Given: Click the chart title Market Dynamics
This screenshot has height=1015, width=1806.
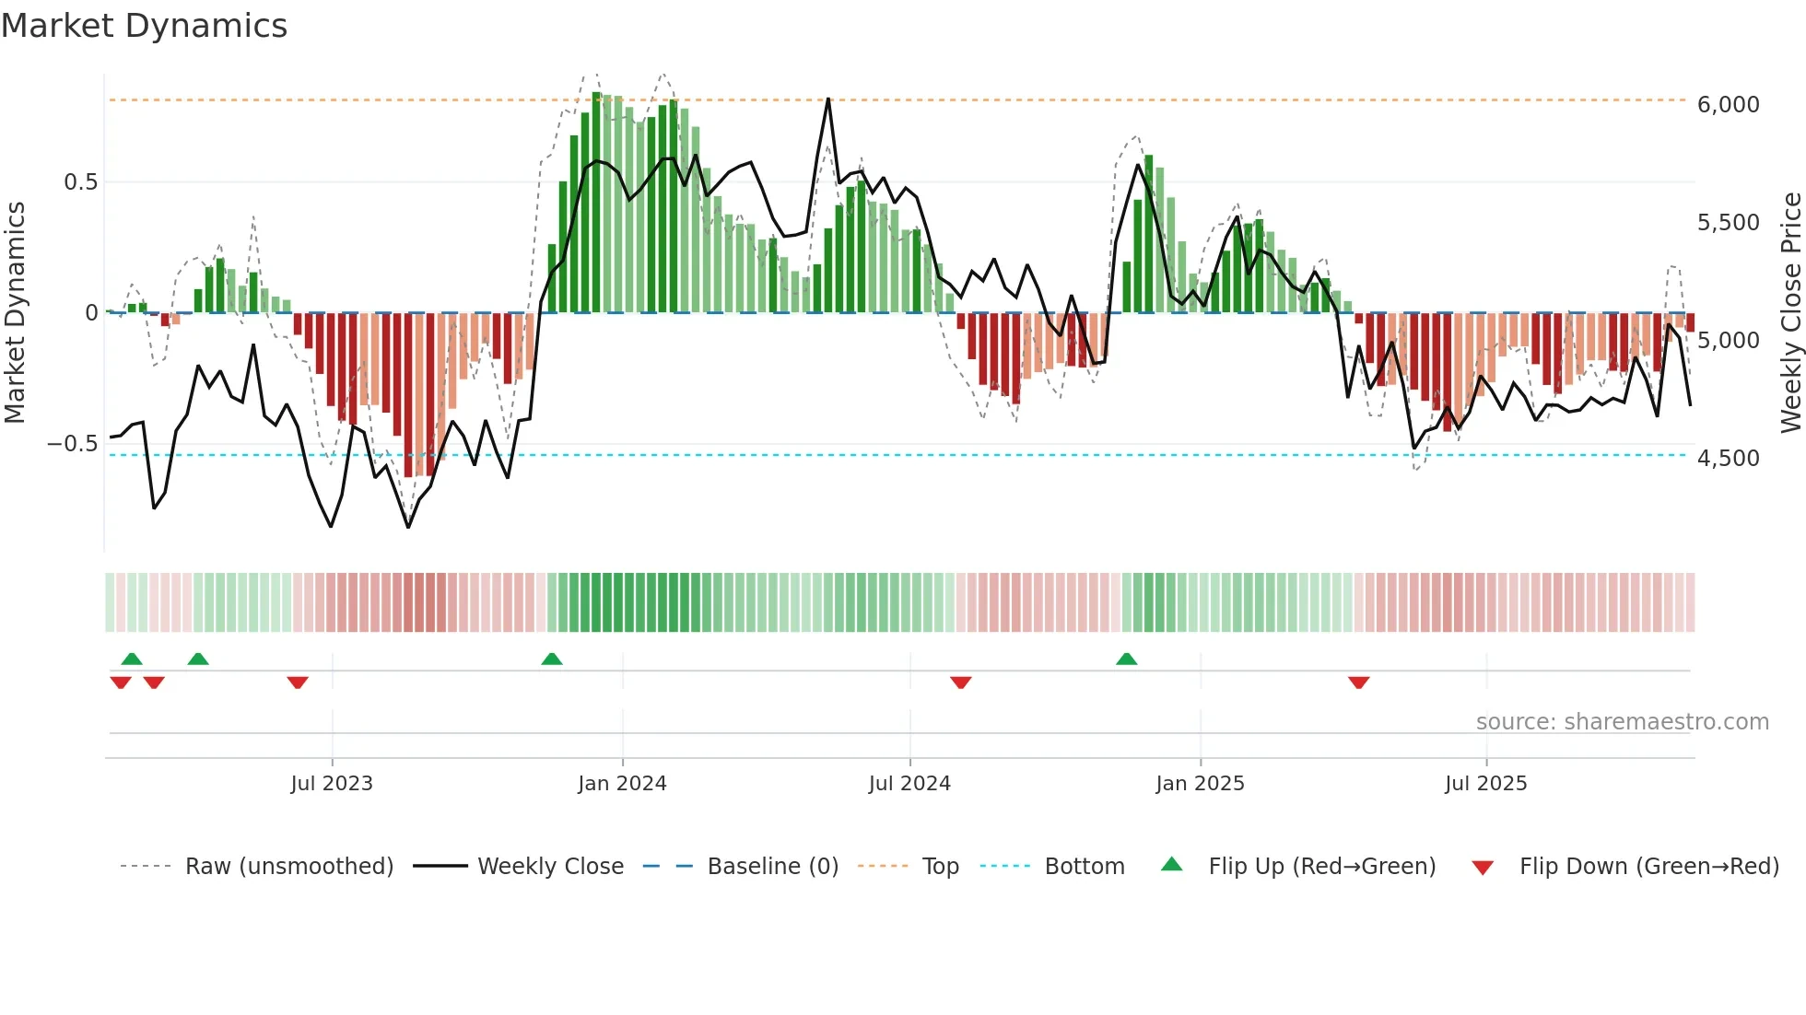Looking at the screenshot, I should tap(144, 26).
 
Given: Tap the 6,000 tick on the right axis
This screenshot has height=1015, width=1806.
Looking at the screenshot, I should tap(1728, 105).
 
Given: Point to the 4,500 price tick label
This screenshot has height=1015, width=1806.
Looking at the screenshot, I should tap(1728, 459).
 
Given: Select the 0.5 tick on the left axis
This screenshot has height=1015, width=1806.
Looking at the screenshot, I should tap(80, 182).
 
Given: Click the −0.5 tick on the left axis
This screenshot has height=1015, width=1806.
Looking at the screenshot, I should tap(73, 444).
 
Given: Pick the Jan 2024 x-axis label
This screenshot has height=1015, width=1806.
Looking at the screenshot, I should tap(622, 784).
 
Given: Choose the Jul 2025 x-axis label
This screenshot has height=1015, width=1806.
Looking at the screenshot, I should tap(1485, 784).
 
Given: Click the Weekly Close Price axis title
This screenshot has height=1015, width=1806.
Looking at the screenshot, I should tap(1790, 313).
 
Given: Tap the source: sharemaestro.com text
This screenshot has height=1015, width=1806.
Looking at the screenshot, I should tap(1622, 722).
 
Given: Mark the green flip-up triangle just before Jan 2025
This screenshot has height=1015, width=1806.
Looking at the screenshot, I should tap(1126, 659).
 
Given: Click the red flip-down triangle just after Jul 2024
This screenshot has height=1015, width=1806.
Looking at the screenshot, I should tap(960, 682).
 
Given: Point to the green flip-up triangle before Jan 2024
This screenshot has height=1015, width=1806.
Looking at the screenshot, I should tap(551, 659).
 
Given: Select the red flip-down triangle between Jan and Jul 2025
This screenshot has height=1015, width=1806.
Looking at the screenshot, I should tap(1358, 682).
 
